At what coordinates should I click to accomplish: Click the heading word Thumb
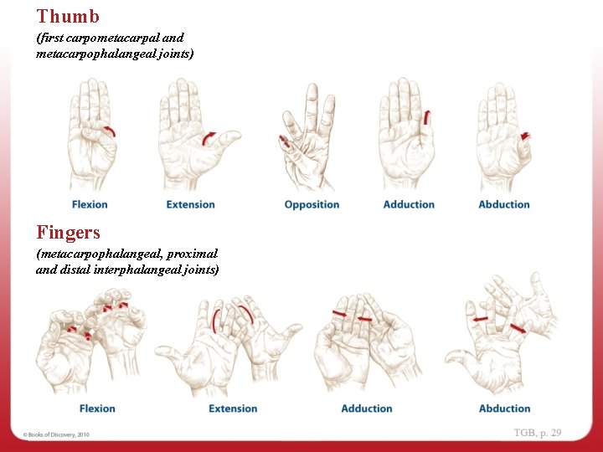pyautogui.click(x=68, y=16)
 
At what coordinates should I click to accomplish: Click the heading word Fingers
pyautogui.click(x=68, y=231)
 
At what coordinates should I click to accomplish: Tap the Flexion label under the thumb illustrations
pyautogui.click(x=90, y=204)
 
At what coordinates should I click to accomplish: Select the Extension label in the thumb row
pyautogui.click(x=190, y=204)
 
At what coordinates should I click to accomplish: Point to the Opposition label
pyautogui.click(x=312, y=204)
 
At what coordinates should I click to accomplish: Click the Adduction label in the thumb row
pyautogui.click(x=409, y=204)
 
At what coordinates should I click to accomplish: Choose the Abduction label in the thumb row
pyautogui.click(x=504, y=204)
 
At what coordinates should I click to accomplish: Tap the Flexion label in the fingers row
pyautogui.click(x=97, y=408)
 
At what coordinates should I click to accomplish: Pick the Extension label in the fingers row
pyautogui.click(x=233, y=408)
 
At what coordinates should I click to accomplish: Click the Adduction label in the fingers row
pyautogui.click(x=367, y=408)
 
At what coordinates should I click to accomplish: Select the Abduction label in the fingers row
pyautogui.click(x=504, y=408)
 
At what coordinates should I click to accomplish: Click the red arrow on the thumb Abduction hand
pyautogui.click(x=525, y=136)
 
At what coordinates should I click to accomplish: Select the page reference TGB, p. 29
pyautogui.click(x=538, y=433)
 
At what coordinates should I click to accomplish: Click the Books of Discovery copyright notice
pyautogui.click(x=56, y=434)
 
